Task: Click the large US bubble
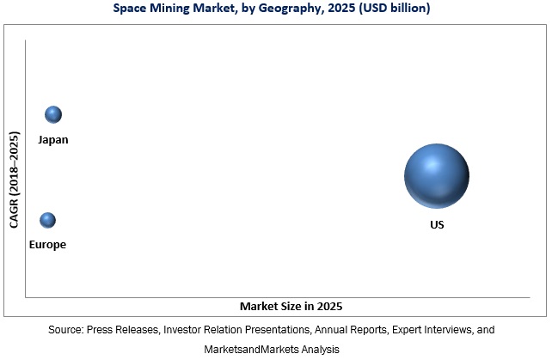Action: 436,176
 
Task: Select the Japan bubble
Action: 53,114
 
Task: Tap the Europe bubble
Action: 47,220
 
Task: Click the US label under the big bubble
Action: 437,224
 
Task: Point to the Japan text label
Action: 52,139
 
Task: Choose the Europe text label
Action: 46,245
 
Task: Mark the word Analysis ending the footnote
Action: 316,350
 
